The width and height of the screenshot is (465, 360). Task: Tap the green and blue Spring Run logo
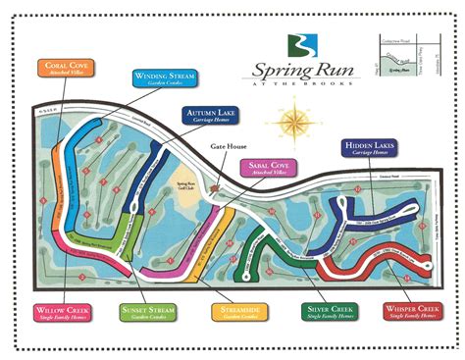coord(299,45)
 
